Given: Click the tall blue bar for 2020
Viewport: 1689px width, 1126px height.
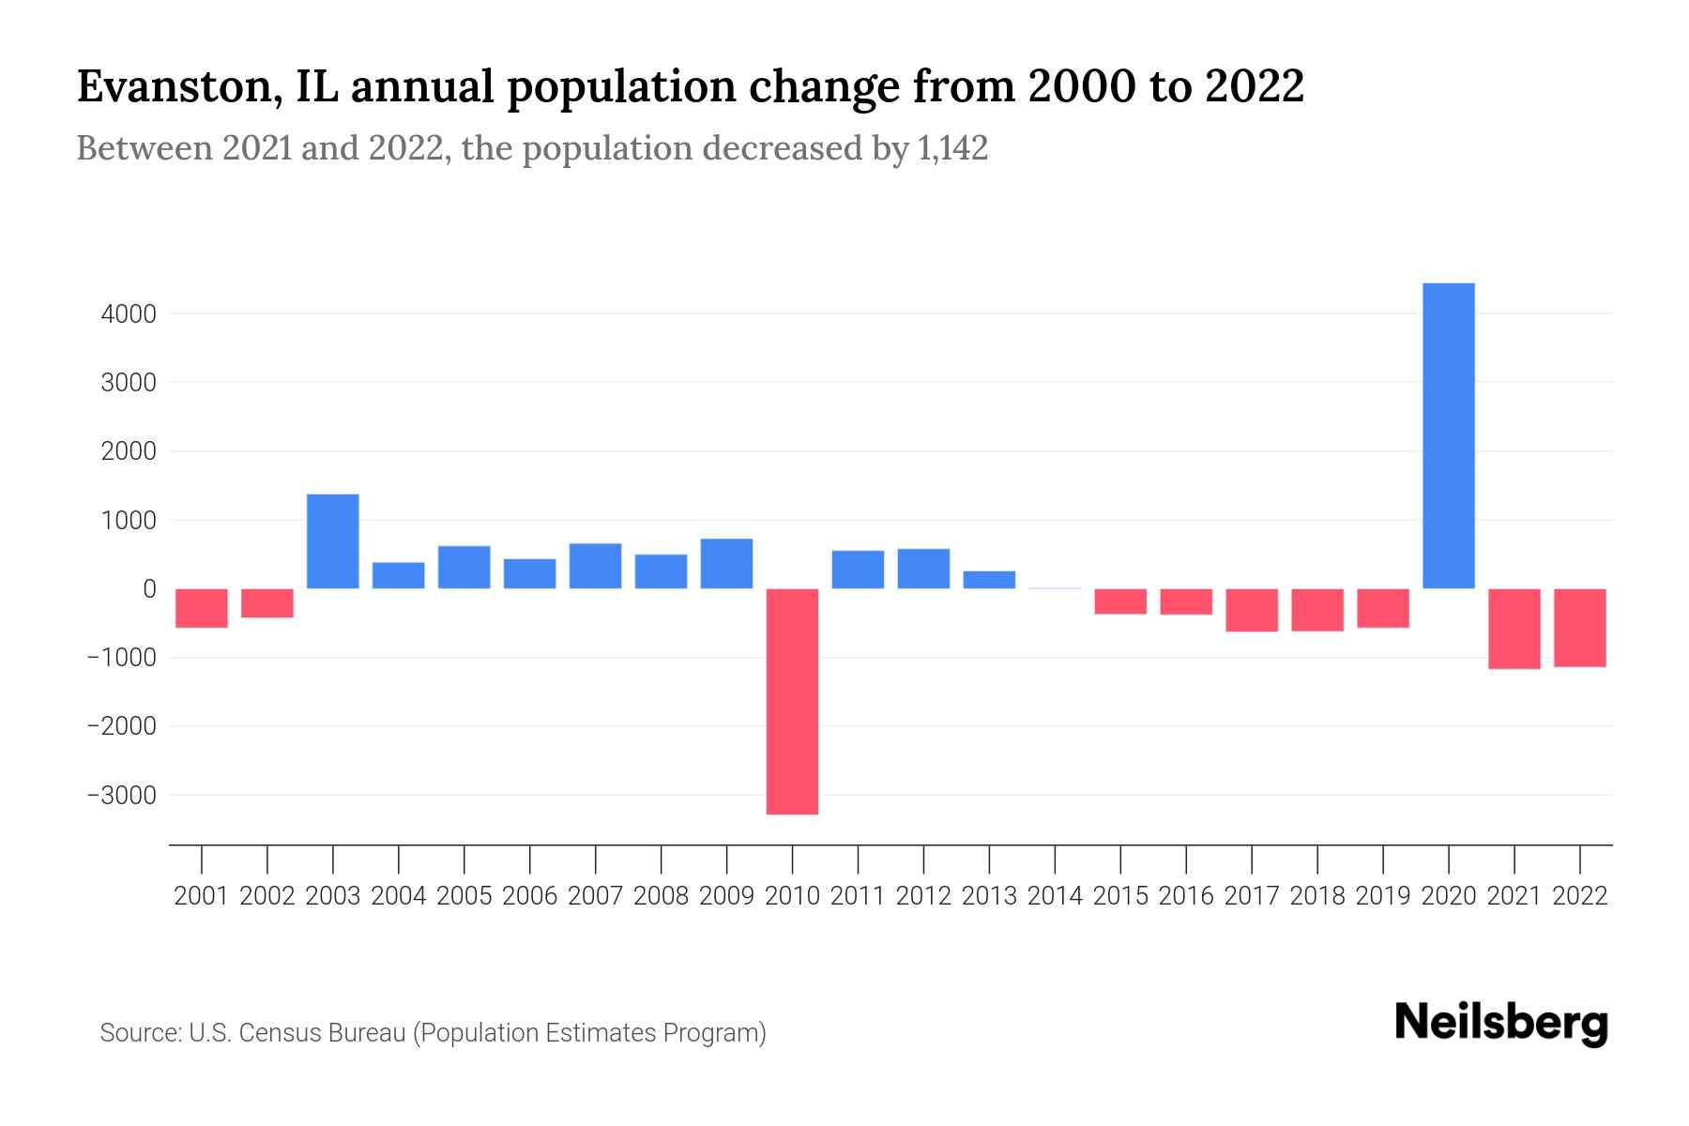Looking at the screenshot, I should tap(1448, 435).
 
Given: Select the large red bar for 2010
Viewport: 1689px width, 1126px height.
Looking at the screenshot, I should tap(792, 701).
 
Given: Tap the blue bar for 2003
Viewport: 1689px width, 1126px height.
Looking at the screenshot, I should tap(333, 541).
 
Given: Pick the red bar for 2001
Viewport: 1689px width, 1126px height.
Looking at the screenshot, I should tap(202, 608).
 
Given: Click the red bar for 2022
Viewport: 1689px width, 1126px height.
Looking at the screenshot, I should tap(1579, 628).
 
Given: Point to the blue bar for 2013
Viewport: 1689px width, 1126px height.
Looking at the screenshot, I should tap(989, 580).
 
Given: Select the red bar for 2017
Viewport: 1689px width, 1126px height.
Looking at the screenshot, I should tap(1252, 610).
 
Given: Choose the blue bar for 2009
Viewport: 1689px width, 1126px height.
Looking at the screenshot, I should tap(726, 564).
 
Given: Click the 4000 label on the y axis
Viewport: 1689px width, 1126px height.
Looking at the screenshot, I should tap(129, 314).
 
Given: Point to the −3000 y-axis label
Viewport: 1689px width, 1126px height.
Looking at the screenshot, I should tap(122, 796).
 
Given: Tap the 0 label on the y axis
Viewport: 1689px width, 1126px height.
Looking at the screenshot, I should tap(149, 589).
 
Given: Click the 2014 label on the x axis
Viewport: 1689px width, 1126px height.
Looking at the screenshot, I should tap(1055, 896).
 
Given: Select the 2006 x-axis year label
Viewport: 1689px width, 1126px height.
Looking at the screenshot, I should tap(529, 896).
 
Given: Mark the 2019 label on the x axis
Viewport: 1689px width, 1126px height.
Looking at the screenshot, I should tap(1382, 896).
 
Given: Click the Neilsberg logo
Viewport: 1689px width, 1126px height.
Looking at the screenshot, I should tap(1501, 1023).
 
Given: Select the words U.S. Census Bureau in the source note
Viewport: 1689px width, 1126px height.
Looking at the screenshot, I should tap(297, 1033).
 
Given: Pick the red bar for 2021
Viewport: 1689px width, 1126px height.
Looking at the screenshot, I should tap(1514, 629).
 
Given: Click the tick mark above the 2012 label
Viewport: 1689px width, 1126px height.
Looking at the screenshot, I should tap(923, 859).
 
